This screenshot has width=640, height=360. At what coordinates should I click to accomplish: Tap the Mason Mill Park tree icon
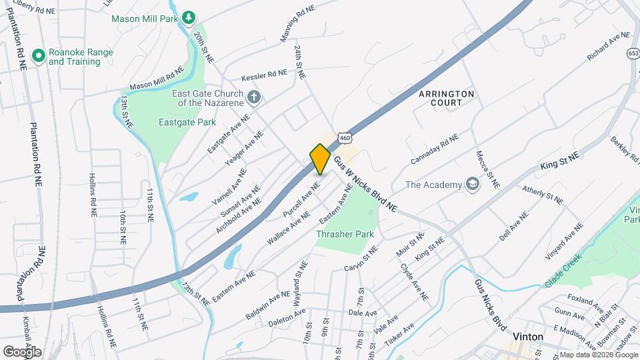coord(189,17)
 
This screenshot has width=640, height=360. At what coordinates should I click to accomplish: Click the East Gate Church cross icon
coord(253,98)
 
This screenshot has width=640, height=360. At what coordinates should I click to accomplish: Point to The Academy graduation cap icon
coord(473,185)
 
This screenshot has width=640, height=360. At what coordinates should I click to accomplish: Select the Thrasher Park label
coord(345,234)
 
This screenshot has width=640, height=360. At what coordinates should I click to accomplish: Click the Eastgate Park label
coord(188,122)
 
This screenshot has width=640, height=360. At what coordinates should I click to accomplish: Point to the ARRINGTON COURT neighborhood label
coord(447,98)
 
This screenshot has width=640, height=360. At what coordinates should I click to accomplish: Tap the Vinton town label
coord(528,337)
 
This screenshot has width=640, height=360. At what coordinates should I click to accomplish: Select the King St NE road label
coord(560,160)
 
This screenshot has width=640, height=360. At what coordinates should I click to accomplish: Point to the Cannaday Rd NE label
coord(435,149)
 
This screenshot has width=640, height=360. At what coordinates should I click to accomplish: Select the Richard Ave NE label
coord(608,47)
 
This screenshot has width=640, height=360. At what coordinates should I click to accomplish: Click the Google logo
coord(22,351)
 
